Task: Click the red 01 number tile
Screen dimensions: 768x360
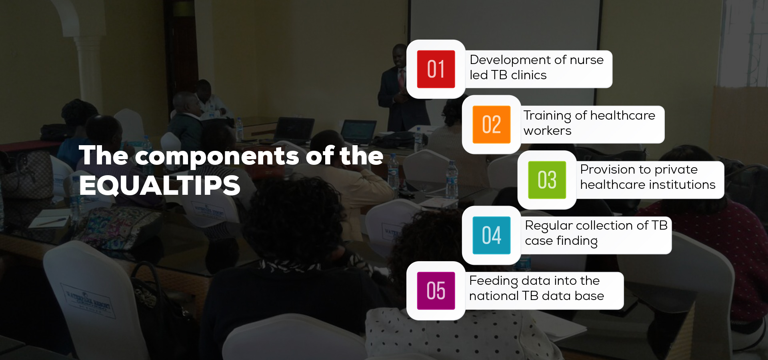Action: (x=436, y=69)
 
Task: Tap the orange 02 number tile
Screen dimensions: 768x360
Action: (x=492, y=124)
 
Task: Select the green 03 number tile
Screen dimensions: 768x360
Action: (x=547, y=180)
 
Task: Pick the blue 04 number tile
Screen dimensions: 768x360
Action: (x=492, y=235)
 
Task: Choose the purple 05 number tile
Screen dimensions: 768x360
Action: (x=436, y=291)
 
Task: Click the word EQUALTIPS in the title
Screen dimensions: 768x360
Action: (x=160, y=186)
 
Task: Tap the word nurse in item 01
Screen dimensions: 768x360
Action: (x=587, y=60)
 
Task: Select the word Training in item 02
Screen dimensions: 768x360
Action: (x=548, y=116)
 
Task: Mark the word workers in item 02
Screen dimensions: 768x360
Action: (x=548, y=131)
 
